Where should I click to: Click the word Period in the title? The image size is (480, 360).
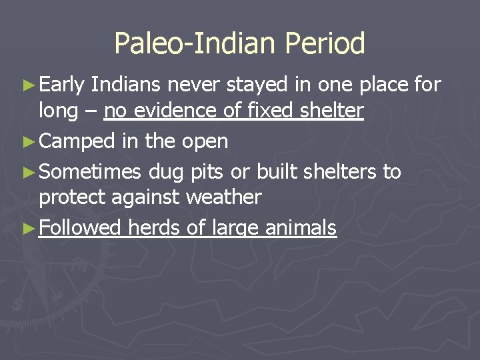point(325,44)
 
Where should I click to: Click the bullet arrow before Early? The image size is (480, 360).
point(29,85)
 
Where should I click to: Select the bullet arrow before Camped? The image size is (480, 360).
point(29,141)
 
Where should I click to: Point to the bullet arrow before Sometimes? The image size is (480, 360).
point(29,172)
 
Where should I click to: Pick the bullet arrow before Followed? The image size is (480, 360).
point(29,229)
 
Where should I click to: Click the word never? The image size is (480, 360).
point(196,85)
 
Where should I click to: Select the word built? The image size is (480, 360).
point(275,171)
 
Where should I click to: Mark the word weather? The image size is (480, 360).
point(224,197)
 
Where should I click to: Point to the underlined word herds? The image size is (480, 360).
point(155,228)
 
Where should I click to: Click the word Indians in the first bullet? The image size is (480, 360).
point(127,85)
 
